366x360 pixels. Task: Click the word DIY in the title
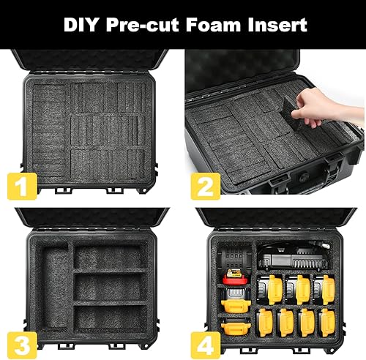tap(84, 24)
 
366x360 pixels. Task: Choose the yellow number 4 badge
tap(206, 341)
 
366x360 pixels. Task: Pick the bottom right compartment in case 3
tap(111, 317)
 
